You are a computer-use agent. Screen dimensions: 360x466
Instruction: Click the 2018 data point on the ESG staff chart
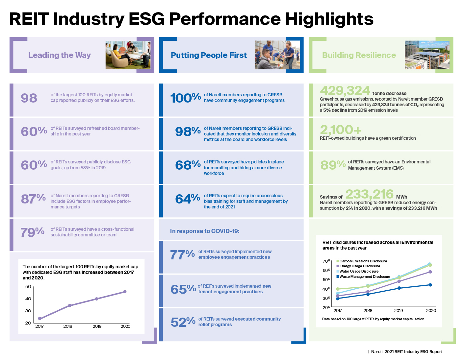click(x=69, y=305)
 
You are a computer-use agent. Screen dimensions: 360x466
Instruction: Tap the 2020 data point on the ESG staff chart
click(x=125, y=292)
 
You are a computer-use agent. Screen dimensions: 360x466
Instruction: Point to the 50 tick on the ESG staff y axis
click(x=28, y=287)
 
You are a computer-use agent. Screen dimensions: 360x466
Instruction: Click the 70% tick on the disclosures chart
click(x=326, y=261)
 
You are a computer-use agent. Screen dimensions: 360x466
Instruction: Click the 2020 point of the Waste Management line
click(x=430, y=285)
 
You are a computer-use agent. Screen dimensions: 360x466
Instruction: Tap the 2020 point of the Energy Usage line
click(x=430, y=272)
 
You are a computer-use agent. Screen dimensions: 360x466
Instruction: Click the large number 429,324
click(x=345, y=91)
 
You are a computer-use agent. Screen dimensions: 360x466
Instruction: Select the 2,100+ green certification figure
click(x=341, y=130)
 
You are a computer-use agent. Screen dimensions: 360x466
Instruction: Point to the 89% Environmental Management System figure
click(x=333, y=165)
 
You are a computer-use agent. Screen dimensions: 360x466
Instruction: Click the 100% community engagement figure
click(x=185, y=98)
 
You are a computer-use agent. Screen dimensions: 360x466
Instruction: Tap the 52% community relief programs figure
click(x=183, y=322)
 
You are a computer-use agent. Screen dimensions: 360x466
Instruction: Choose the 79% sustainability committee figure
click(x=32, y=232)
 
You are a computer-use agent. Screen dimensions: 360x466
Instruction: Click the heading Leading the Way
click(x=60, y=55)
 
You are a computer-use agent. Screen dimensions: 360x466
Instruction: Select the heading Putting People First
click(x=209, y=55)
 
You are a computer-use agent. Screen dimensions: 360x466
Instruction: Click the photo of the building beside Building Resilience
click(x=427, y=55)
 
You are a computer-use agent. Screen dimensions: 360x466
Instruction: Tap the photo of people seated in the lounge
click(x=128, y=55)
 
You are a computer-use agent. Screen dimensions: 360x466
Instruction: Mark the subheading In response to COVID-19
click(x=205, y=231)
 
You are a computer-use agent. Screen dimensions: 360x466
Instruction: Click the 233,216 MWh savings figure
click(x=369, y=194)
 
